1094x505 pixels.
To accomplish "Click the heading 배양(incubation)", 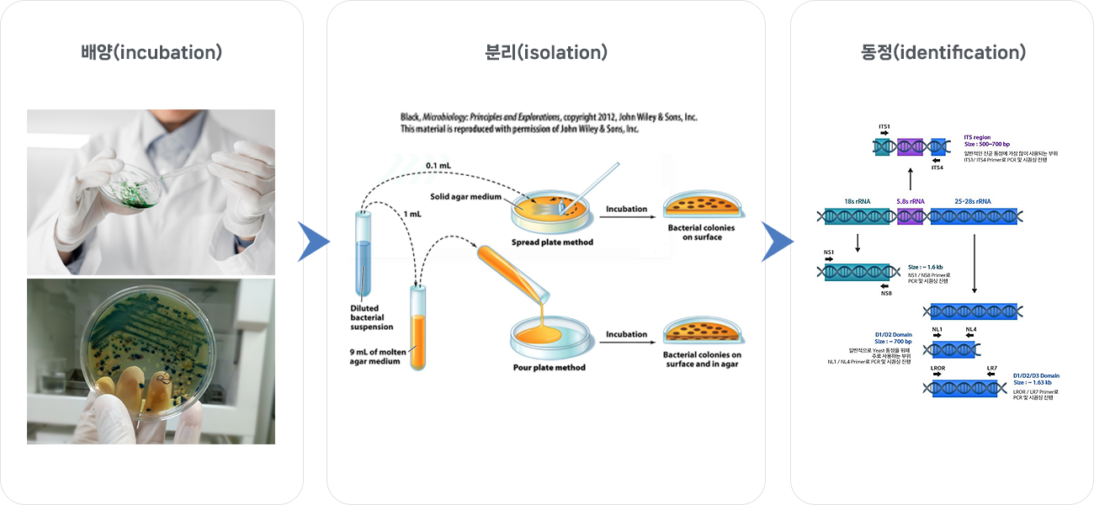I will [x=151, y=52].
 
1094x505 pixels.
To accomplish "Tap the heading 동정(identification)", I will [x=943, y=52].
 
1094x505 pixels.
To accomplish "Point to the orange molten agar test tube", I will [x=418, y=328].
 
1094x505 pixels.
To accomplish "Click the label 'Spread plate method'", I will [x=552, y=242].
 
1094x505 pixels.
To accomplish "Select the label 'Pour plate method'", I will [x=549, y=367].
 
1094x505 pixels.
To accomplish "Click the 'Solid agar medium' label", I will [x=466, y=197].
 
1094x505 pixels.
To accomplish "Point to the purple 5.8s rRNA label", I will [x=911, y=201].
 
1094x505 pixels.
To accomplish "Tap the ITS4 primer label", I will [x=937, y=167].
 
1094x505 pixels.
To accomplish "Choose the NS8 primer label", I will [x=886, y=293].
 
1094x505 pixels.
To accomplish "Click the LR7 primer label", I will [x=991, y=369].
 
